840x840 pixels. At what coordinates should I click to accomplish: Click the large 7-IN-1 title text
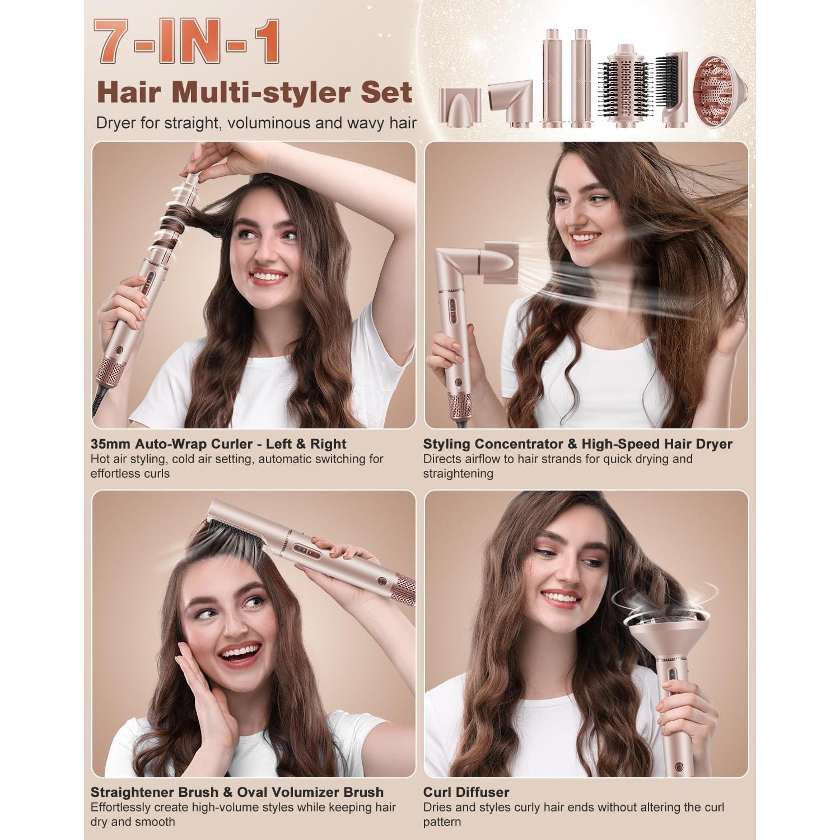pyautogui.click(x=187, y=42)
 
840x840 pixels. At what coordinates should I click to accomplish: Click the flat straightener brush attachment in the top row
pyautogui.click(x=674, y=90)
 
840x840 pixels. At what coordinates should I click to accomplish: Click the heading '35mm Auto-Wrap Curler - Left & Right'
pyautogui.click(x=218, y=444)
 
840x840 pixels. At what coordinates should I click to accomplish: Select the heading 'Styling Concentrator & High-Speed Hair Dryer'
pyautogui.click(x=577, y=444)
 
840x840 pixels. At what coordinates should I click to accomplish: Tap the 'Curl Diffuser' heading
pyautogui.click(x=466, y=792)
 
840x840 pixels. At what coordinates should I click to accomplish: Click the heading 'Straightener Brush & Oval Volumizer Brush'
pyautogui.click(x=237, y=792)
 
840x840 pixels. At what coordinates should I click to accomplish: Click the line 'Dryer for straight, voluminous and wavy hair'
pyautogui.click(x=256, y=123)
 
